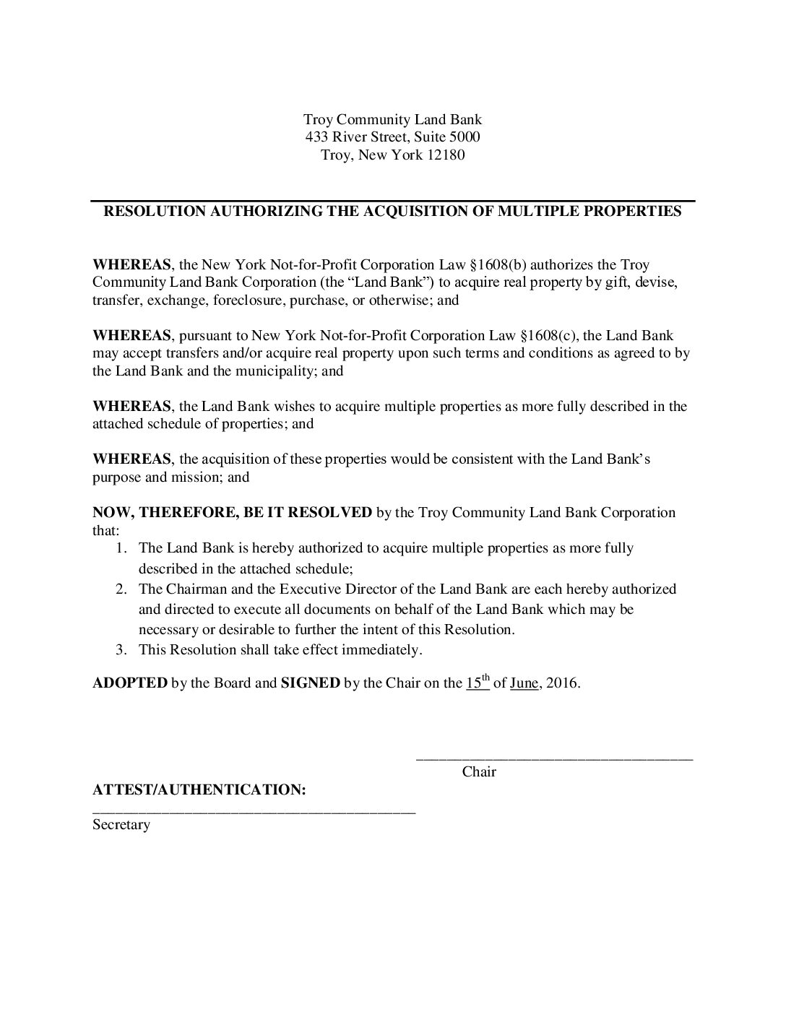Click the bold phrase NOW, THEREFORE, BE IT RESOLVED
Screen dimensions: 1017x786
[x=232, y=513]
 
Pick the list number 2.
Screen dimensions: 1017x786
[x=121, y=589]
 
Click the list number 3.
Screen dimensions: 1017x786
[x=121, y=649]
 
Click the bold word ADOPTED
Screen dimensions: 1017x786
[x=130, y=683]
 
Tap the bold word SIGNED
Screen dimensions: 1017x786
[x=310, y=683]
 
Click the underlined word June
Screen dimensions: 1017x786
[x=524, y=683]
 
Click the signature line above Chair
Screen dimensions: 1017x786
[x=554, y=758]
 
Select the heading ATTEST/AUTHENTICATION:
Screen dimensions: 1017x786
[x=199, y=789]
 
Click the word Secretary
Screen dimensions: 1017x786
[x=121, y=824]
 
